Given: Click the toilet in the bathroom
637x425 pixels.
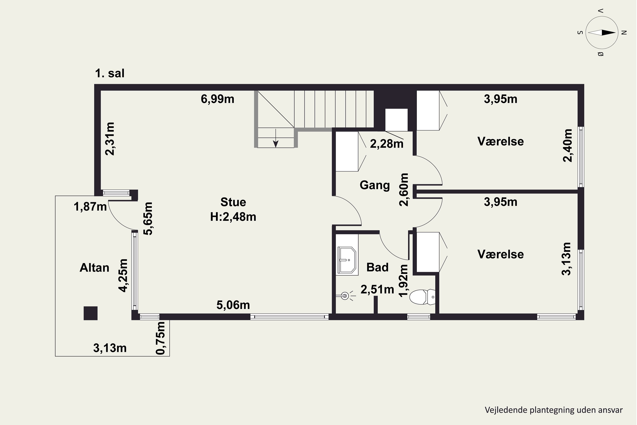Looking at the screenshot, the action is pyautogui.click(x=422, y=297).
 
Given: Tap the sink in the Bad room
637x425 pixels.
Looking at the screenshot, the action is pyautogui.click(x=347, y=259).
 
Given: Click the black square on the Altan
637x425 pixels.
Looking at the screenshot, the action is pyautogui.click(x=90, y=313).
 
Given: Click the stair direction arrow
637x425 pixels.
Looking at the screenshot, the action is pyautogui.click(x=276, y=138).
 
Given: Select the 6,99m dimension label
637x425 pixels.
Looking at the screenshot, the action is pyautogui.click(x=217, y=99).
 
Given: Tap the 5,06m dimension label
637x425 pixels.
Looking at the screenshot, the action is pyautogui.click(x=233, y=305).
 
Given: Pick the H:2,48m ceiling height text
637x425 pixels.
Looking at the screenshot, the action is pyautogui.click(x=233, y=217).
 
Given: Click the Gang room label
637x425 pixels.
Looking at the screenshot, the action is pyautogui.click(x=375, y=185).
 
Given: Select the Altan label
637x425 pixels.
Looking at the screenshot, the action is pyautogui.click(x=94, y=268).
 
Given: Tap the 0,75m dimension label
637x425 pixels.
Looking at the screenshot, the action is pyautogui.click(x=160, y=338).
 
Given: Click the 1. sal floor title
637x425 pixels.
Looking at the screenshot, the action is pyautogui.click(x=110, y=74).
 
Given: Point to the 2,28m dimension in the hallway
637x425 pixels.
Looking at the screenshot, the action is pyautogui.click(x=387, y=144).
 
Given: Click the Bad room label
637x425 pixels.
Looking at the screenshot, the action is pyautogui.click(x=378, y=267).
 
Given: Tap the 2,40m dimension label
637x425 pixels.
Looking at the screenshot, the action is pyautogui.click(x=568, y=145).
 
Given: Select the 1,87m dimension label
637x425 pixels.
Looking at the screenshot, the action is pyautogui.click(x=90, y=207).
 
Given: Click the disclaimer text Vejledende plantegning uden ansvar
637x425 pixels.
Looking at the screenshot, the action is pyautogui.click(x=554, y=410).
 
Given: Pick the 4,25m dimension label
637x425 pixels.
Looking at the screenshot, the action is pyautogui.click(x=123, y=275).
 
